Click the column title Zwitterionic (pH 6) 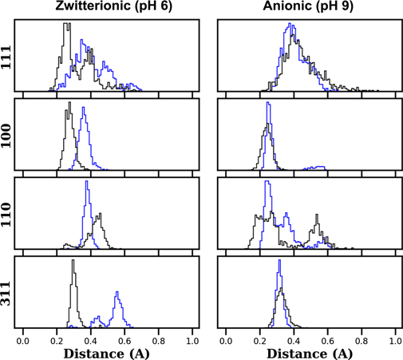tap(107, 8)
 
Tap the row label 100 tap(7, 134)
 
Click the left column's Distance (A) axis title tap(107, 352)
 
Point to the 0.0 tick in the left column tap(23, 339)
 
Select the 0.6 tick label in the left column tap(124, 339)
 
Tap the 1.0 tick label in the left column tap(192, 339)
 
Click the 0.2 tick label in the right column tap(259, 339)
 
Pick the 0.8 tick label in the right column tap(362, 339)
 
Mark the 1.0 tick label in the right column tap(395, 339)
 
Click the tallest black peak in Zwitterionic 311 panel tap(73, 262)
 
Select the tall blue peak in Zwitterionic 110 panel tap(86, 183)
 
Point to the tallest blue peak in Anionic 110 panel tap(267, 183)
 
